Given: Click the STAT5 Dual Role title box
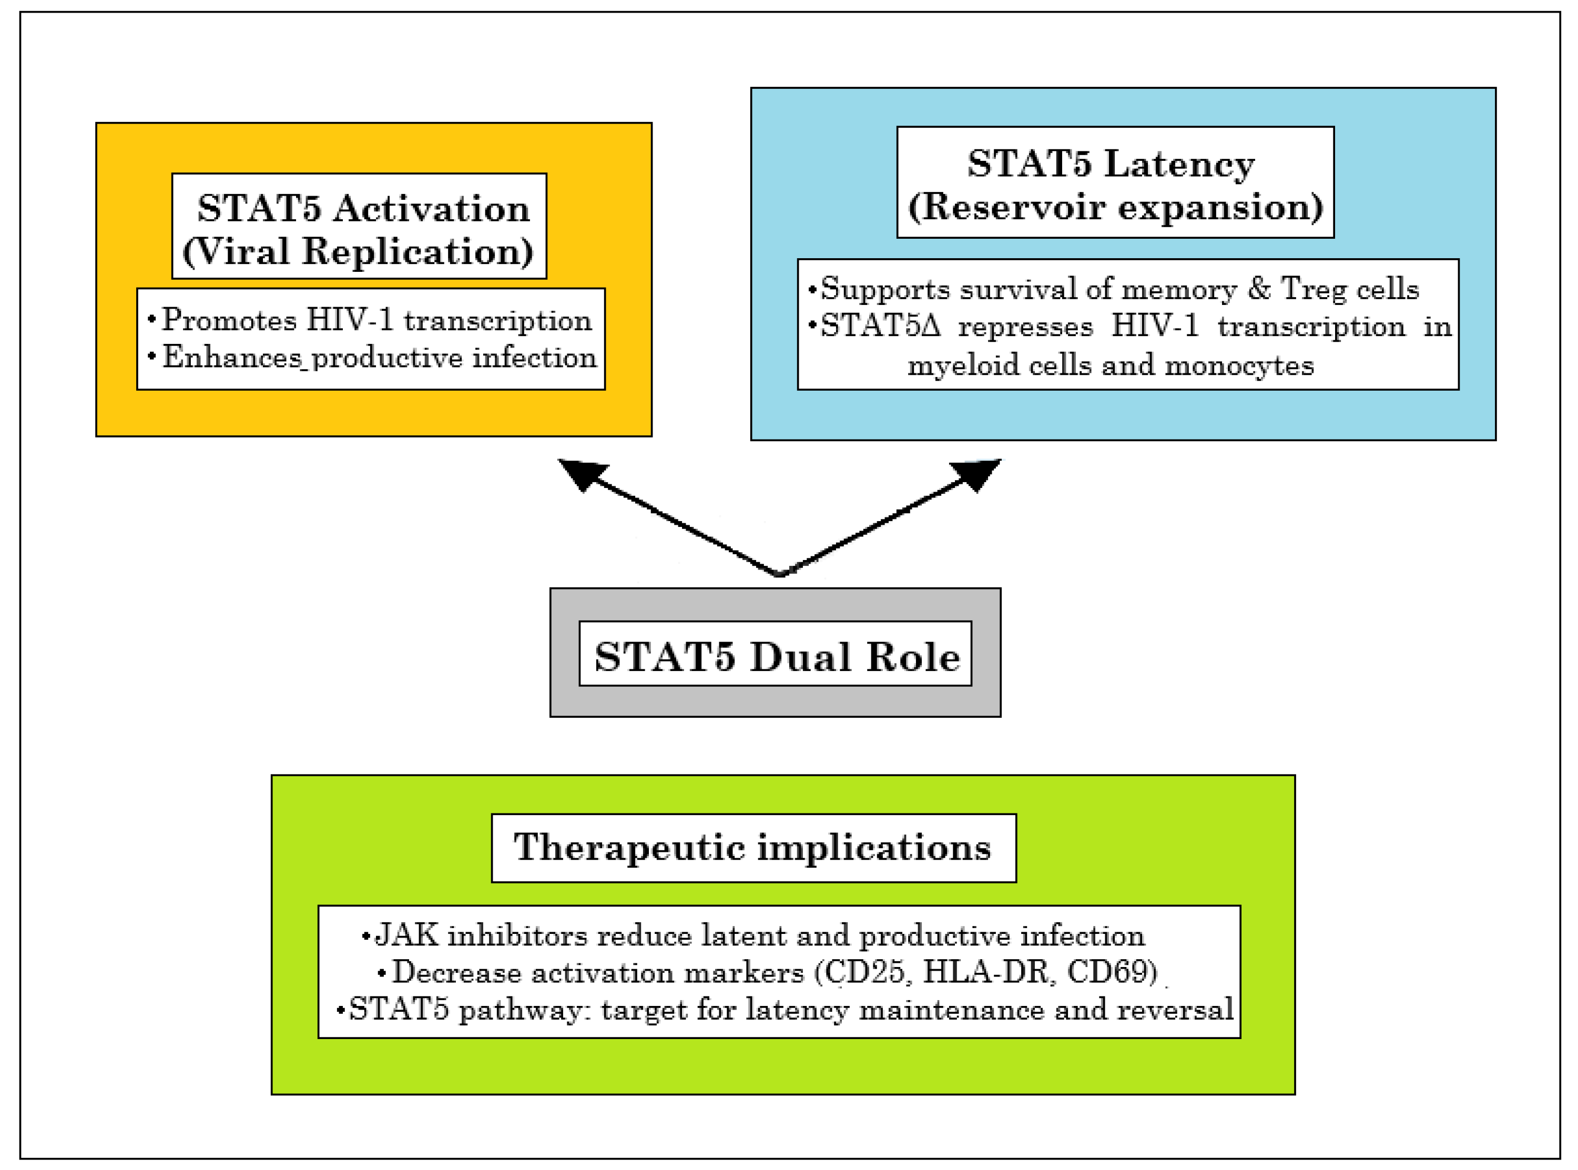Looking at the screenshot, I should [775, 654].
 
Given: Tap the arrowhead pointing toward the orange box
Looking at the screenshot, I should [582, 474].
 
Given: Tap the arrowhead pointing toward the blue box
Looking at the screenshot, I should [976, 474].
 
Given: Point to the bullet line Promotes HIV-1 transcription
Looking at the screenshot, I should [376, 320].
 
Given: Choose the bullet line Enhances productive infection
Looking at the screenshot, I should [379, 357].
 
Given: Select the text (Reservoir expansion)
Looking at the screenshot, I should [1115, 207].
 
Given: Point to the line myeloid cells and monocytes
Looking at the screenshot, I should [1110, 365].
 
